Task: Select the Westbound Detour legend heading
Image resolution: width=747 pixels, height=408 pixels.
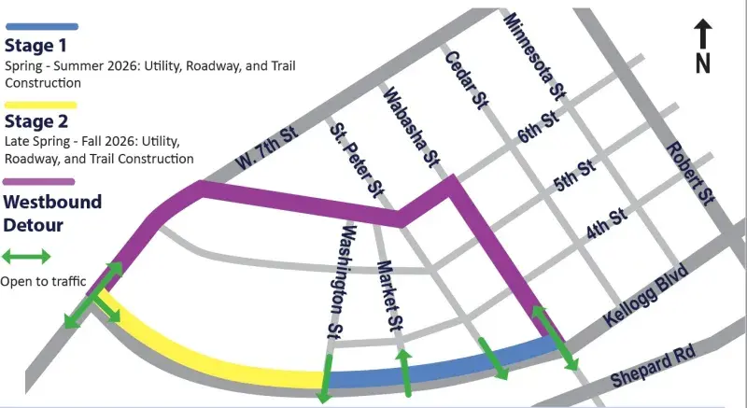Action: point(52,211)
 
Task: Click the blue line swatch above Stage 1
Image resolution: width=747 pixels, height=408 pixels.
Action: point(41,28)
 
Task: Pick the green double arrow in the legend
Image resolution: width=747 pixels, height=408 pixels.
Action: point(25,255)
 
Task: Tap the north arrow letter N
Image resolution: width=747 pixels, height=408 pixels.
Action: point(704,63)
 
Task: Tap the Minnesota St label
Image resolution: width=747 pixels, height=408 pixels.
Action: point(535,57)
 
